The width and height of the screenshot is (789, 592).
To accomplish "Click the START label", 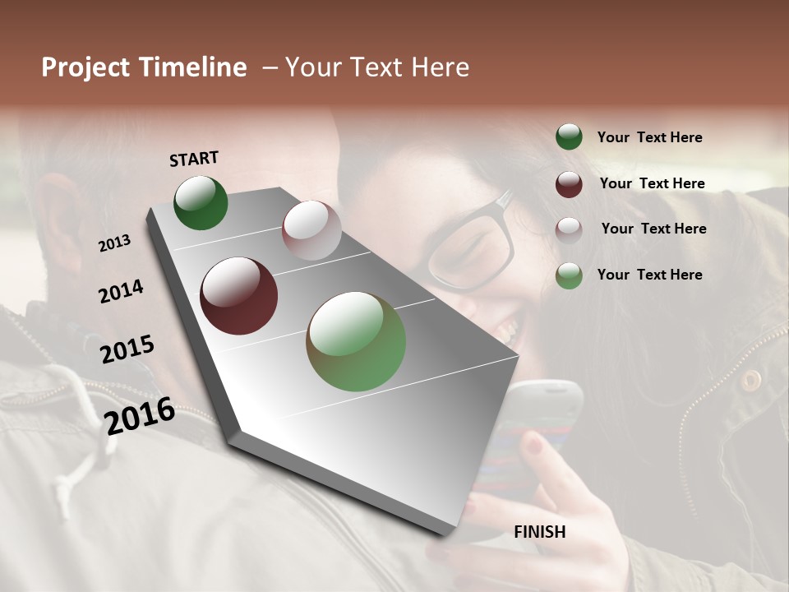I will pos(194,159).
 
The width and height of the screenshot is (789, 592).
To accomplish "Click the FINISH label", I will pos(540,532).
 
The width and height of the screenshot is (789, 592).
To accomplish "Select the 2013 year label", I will pos(114,243).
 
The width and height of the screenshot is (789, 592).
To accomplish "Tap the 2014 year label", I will pos(121,292).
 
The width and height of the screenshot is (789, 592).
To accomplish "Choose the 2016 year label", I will pos(140,416).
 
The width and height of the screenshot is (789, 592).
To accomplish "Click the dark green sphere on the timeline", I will pos(201,203).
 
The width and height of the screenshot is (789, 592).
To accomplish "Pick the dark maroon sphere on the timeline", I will pos(239,296).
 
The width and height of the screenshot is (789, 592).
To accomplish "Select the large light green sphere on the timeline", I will pos(356,341).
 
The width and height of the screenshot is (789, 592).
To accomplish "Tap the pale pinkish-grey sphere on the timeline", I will pos(311,229).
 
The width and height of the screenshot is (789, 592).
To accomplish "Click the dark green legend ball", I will pos(569,137).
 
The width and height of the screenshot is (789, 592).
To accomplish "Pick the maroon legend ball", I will pos(569,184).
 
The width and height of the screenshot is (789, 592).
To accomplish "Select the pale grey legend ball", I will pos(569,230).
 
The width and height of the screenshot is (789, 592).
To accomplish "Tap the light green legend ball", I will pos(569,275).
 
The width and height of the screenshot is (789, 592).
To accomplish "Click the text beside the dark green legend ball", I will pos(649,137).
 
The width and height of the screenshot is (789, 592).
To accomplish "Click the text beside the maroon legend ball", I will pos(652,183).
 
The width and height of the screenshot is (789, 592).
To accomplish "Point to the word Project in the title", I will pos(85,67).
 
